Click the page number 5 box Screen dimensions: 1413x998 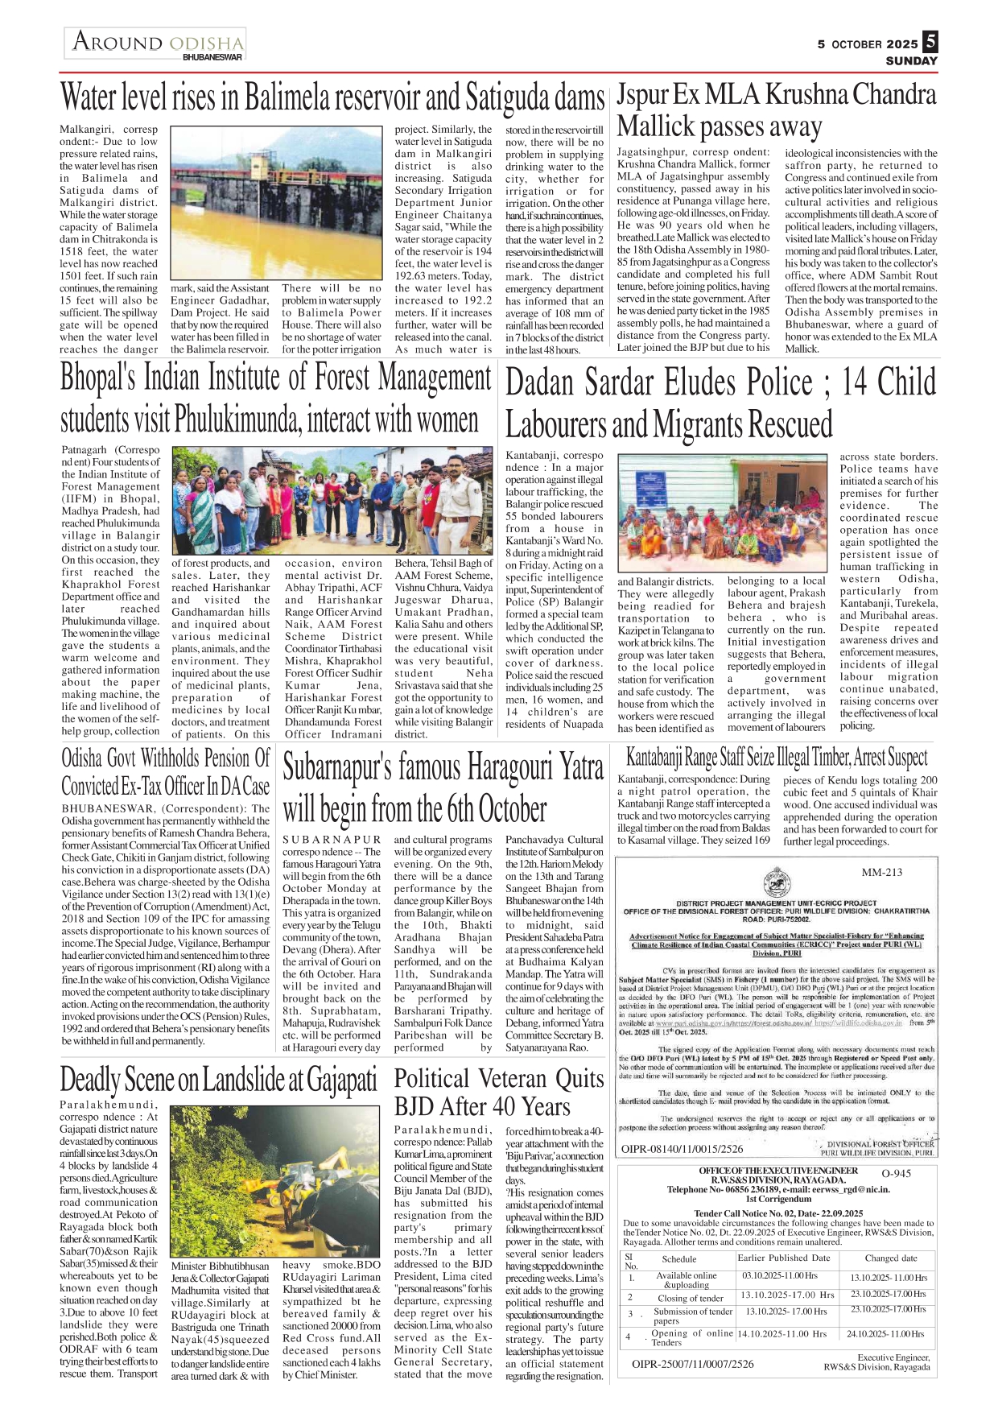pyautogui.click(x=930, y=41)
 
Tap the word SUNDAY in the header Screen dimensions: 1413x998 pyautogui.click(x=911, y=61)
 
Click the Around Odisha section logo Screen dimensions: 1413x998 pyautogui.click(x=156, y=43)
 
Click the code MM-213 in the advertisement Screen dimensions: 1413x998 pyautogui.click(x=881, y=872)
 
